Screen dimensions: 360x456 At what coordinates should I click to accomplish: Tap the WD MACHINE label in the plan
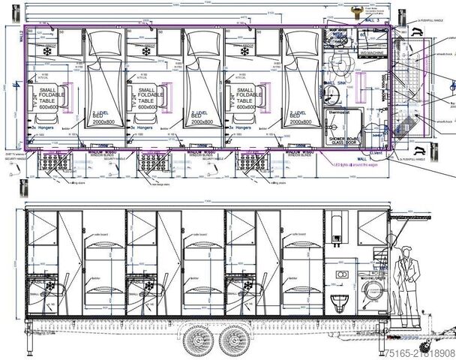371,52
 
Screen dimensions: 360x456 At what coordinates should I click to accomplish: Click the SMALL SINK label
334,82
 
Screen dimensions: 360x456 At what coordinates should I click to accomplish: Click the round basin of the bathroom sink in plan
331,92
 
